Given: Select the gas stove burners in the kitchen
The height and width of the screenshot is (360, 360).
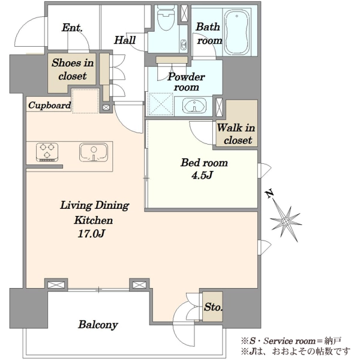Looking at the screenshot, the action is pos(47,152).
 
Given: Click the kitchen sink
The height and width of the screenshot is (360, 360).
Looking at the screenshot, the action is pos(94,152).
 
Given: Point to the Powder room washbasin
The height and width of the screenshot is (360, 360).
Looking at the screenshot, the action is pos(194,106).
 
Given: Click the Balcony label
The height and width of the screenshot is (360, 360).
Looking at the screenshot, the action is pos(98,325).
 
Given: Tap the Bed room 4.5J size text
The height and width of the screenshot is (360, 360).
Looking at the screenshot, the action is pos(202,175).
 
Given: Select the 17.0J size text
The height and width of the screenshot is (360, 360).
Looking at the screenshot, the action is pos(92,233).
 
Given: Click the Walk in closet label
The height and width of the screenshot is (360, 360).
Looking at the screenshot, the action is pos(236,134).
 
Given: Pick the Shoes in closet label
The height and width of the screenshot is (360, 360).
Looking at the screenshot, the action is pos(73,69).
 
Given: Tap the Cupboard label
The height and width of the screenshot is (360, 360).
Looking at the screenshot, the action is pos(49,105).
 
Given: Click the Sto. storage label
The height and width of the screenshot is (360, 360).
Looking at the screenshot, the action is pos(213,307).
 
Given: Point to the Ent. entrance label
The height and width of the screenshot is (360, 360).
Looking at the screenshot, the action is pos(72,28).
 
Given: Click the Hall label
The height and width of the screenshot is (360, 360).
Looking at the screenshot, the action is pos(125,40).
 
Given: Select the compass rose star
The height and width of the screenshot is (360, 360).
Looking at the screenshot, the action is pos(286,221).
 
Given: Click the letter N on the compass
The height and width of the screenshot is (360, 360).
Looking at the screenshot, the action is pos(269,194).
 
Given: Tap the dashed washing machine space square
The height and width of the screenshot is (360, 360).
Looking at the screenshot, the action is pos(160,104).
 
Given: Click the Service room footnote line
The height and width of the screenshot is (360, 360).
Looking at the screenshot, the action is pos(291,341).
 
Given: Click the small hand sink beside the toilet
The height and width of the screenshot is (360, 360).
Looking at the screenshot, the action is pos(184,44).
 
